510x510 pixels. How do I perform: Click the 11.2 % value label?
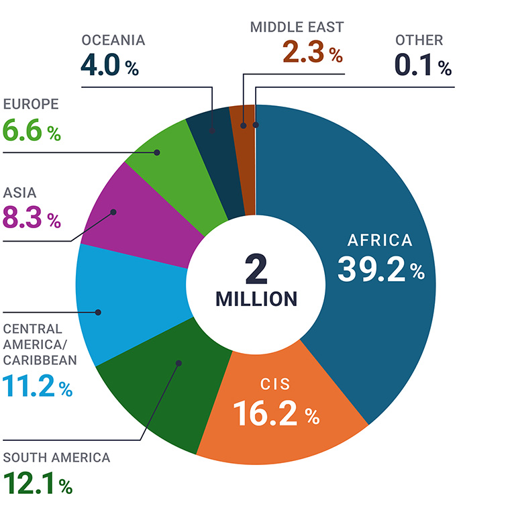pyautogui.click(x=38, y=387)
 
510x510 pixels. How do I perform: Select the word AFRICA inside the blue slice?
pyautogui.click(x=380, y=240)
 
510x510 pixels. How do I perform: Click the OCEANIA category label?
pyautogui.click(x=113, y=40)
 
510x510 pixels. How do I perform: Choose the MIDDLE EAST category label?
pyautogui.click(x=297, y=28)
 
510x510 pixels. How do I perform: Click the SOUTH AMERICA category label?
pyautogui.click(x=56, y=458)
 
